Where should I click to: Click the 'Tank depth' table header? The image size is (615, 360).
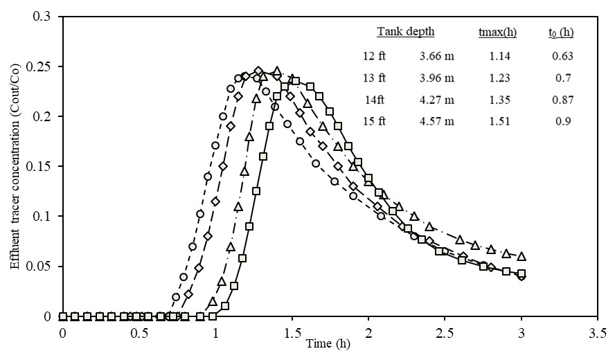point(406,33)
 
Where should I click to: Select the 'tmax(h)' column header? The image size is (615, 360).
point(494,33)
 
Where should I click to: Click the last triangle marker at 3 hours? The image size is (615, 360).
point(522,256)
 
